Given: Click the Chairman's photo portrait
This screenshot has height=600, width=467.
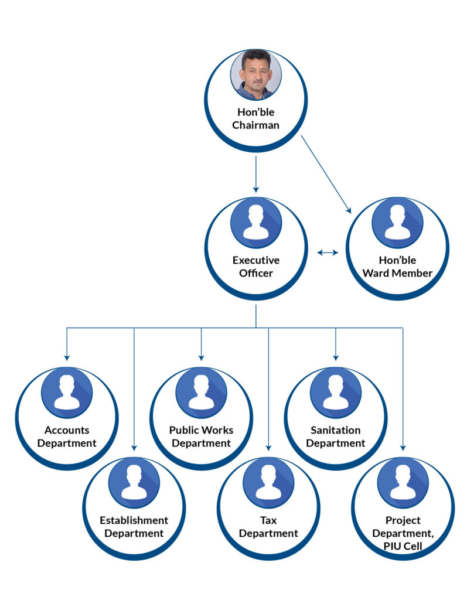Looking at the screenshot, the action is [x=255, y=75].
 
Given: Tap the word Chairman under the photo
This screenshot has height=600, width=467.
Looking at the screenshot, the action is [x=255, y=125].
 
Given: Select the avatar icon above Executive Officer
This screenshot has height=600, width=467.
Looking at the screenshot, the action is [x=255, y=223].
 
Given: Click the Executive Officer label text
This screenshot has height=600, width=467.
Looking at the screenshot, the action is [x=255, y=267].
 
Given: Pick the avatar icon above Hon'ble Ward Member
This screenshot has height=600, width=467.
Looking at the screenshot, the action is [x=397, y=223].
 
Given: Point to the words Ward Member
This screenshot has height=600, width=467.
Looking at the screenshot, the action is [x=397, y=273].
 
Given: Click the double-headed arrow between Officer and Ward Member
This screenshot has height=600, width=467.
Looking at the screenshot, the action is [x=328, y=252].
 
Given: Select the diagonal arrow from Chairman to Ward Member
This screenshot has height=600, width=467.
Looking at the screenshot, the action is [x=326, y=174].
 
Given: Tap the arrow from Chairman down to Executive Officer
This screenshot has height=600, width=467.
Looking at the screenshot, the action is [x=255, y=174].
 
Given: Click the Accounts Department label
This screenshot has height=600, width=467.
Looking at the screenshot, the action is [x=67, y=437].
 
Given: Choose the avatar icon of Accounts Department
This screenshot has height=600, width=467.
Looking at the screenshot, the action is [x=67, y=393].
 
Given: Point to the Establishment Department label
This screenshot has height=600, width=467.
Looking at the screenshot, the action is [x=134, y=527].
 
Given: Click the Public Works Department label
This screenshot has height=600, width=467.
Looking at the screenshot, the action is [x=202, y=437].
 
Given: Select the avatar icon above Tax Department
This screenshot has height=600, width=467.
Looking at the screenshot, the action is [x=268, y=483].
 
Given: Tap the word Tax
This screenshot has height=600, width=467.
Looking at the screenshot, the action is [x=268, y=520].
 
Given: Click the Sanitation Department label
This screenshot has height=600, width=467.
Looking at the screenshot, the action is [x=336, y=437].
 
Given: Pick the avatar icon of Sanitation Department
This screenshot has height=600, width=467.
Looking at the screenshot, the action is [x=336, y=393].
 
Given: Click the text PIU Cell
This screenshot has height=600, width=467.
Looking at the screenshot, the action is [x=403, y=546].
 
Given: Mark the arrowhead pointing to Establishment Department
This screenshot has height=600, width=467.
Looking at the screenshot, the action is [x=134, y=448].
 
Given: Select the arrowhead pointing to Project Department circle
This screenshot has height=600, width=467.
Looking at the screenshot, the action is [x=403, y=448].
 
